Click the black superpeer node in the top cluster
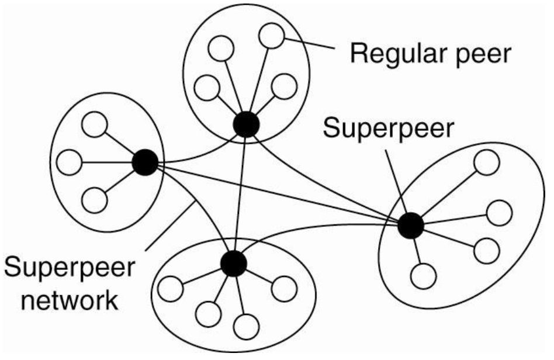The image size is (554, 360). pyautogui.click(x=246, y=124)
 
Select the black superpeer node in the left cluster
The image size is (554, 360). pyautogui.click(x=144, y=162)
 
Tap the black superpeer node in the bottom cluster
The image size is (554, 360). pyautogui.click(x=234, y=264)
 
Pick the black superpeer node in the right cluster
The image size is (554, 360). pyautogui.click(x=410, y=226)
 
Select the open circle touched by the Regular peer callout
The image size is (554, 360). pyautogui.click(x=271, y=36)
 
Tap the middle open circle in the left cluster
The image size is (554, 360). pyautogui.click(x=70, y=162)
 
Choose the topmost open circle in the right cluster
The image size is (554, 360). pyautogui.click(x=486, y=163)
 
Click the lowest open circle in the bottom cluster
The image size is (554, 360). pyautogui.click(x=247, y=325)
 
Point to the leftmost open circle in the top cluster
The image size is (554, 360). pyautogui.click(x=206, y=88)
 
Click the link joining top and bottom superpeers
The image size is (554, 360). pyautogui.click(x=240, y=193)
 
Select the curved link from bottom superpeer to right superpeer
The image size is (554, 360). pyautogui.click(x=316, y=236)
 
